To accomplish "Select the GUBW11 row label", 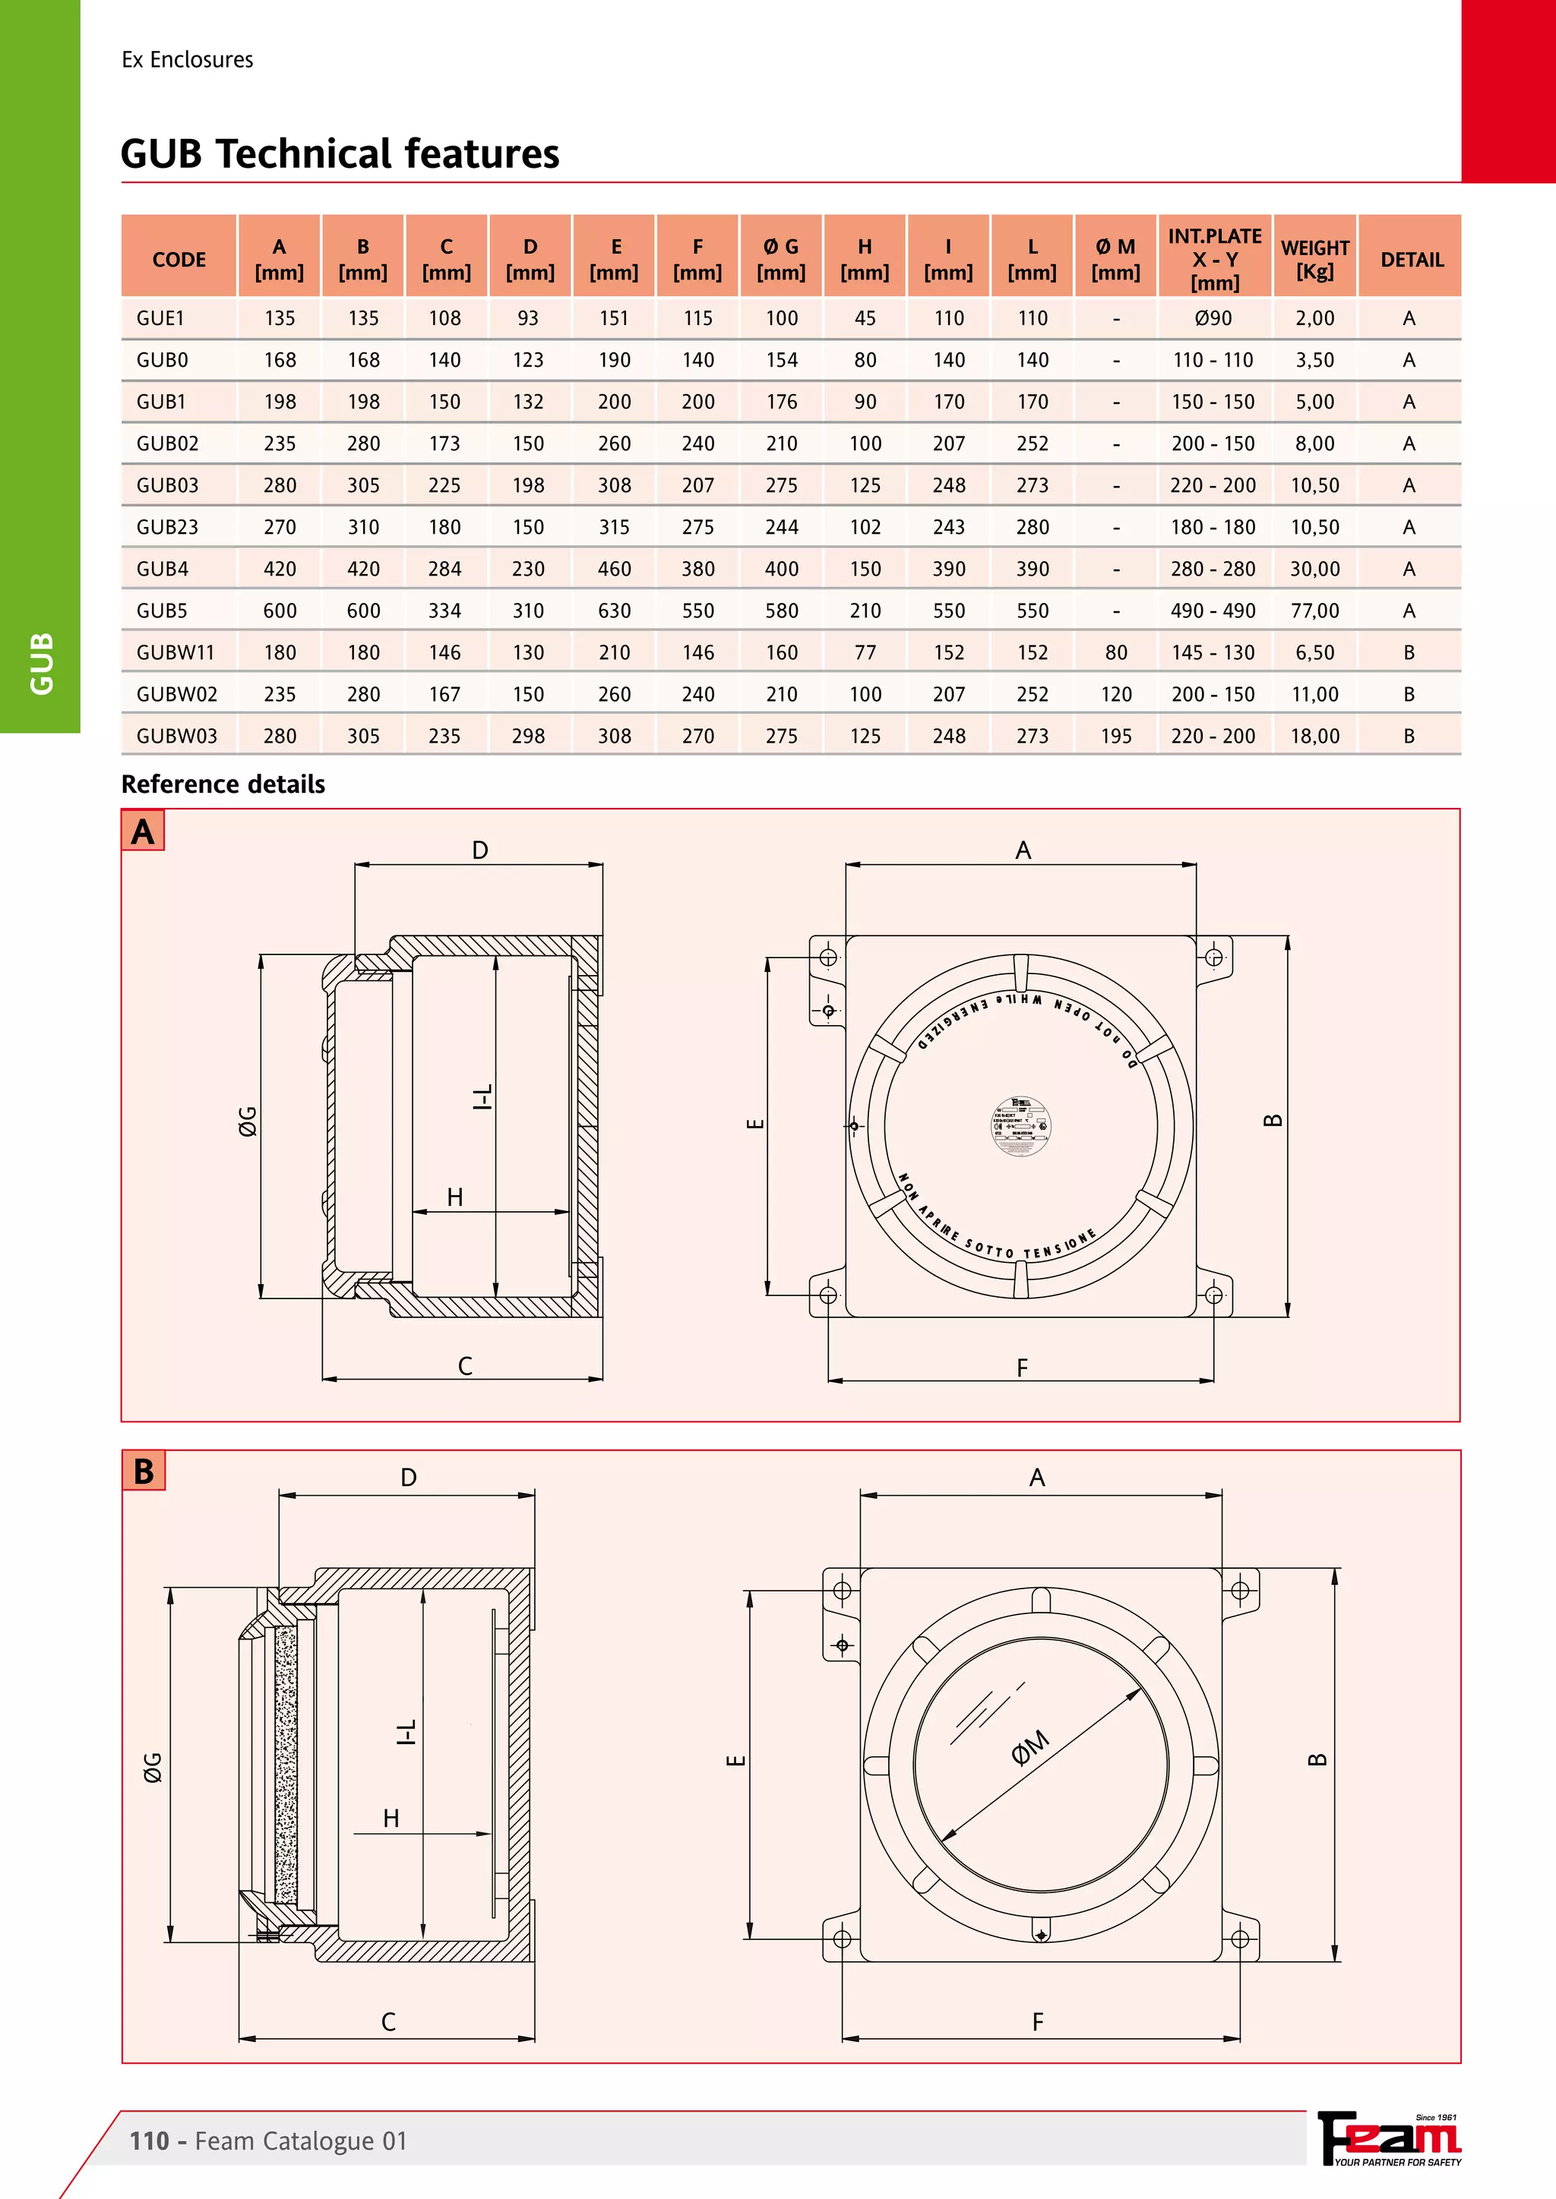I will click(176, 653).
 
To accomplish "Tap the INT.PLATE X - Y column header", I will click(1214, 259).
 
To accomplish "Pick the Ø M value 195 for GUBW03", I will click(1115, 737).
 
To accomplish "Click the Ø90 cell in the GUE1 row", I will click(1213, 319).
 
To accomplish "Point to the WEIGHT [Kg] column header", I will click(1314, 260).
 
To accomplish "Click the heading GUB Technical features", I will click(340, 153).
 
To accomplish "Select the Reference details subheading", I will click(223, 784).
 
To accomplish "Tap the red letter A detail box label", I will click(143, 831).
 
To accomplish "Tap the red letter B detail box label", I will click(144, 1471).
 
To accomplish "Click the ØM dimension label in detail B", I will click(1031, 1748).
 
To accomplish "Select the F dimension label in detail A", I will click(1023, 1368).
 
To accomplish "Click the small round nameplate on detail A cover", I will click(1020, 1125).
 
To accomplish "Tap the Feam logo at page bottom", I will click(1390, 2139).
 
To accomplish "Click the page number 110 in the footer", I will click(150, 2141).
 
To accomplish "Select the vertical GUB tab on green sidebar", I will click(41, 663).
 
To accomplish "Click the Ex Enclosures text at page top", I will click(188, 59).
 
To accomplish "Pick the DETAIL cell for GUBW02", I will click(1409, 694).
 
